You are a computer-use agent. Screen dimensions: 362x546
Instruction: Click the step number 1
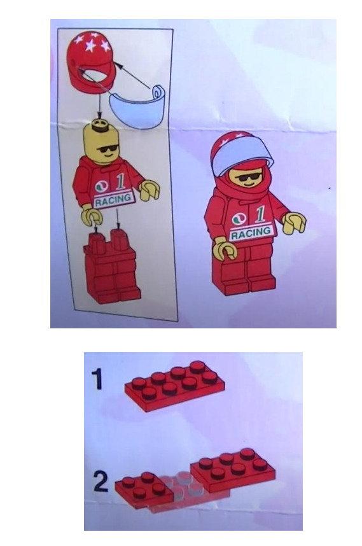(97, 379)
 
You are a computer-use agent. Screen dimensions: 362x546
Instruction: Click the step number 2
(101, 482)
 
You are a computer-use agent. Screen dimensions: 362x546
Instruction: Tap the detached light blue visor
(137, 106)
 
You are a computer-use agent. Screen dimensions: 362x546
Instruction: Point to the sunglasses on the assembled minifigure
(247, 179)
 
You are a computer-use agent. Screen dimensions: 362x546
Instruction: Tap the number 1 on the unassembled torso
(120, 182)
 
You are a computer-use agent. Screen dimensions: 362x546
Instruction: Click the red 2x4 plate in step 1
(175, 386)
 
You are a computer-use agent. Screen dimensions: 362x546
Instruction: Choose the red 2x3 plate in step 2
(233, 468)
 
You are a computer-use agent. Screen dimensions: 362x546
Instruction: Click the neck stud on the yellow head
(100, 125)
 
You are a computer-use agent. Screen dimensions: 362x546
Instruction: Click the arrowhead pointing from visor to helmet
(119, 65)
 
